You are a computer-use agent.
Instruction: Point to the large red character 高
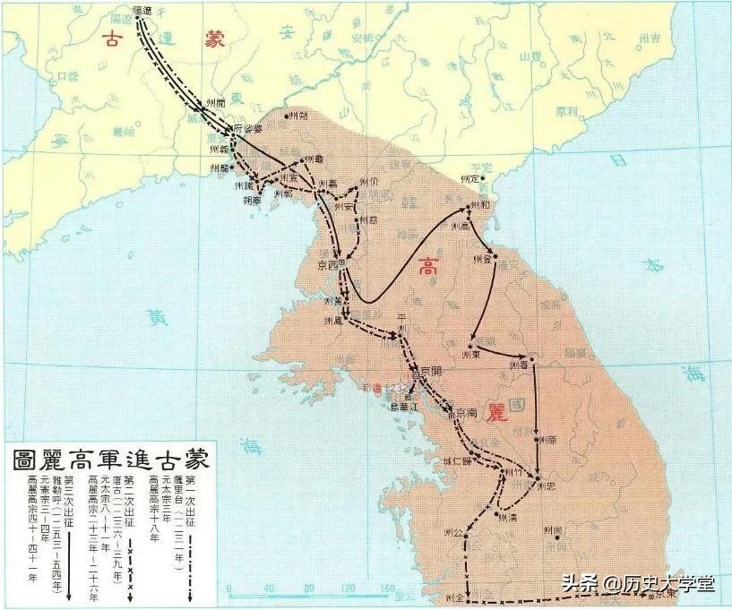pos(429,267)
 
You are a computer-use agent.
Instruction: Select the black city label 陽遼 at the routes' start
pos(142,11)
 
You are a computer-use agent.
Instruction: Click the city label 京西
pos(329,266)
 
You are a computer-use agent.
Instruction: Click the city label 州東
pos(473,354)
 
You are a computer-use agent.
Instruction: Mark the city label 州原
pos(547,440)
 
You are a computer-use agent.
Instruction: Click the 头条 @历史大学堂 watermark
pos(639,583)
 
